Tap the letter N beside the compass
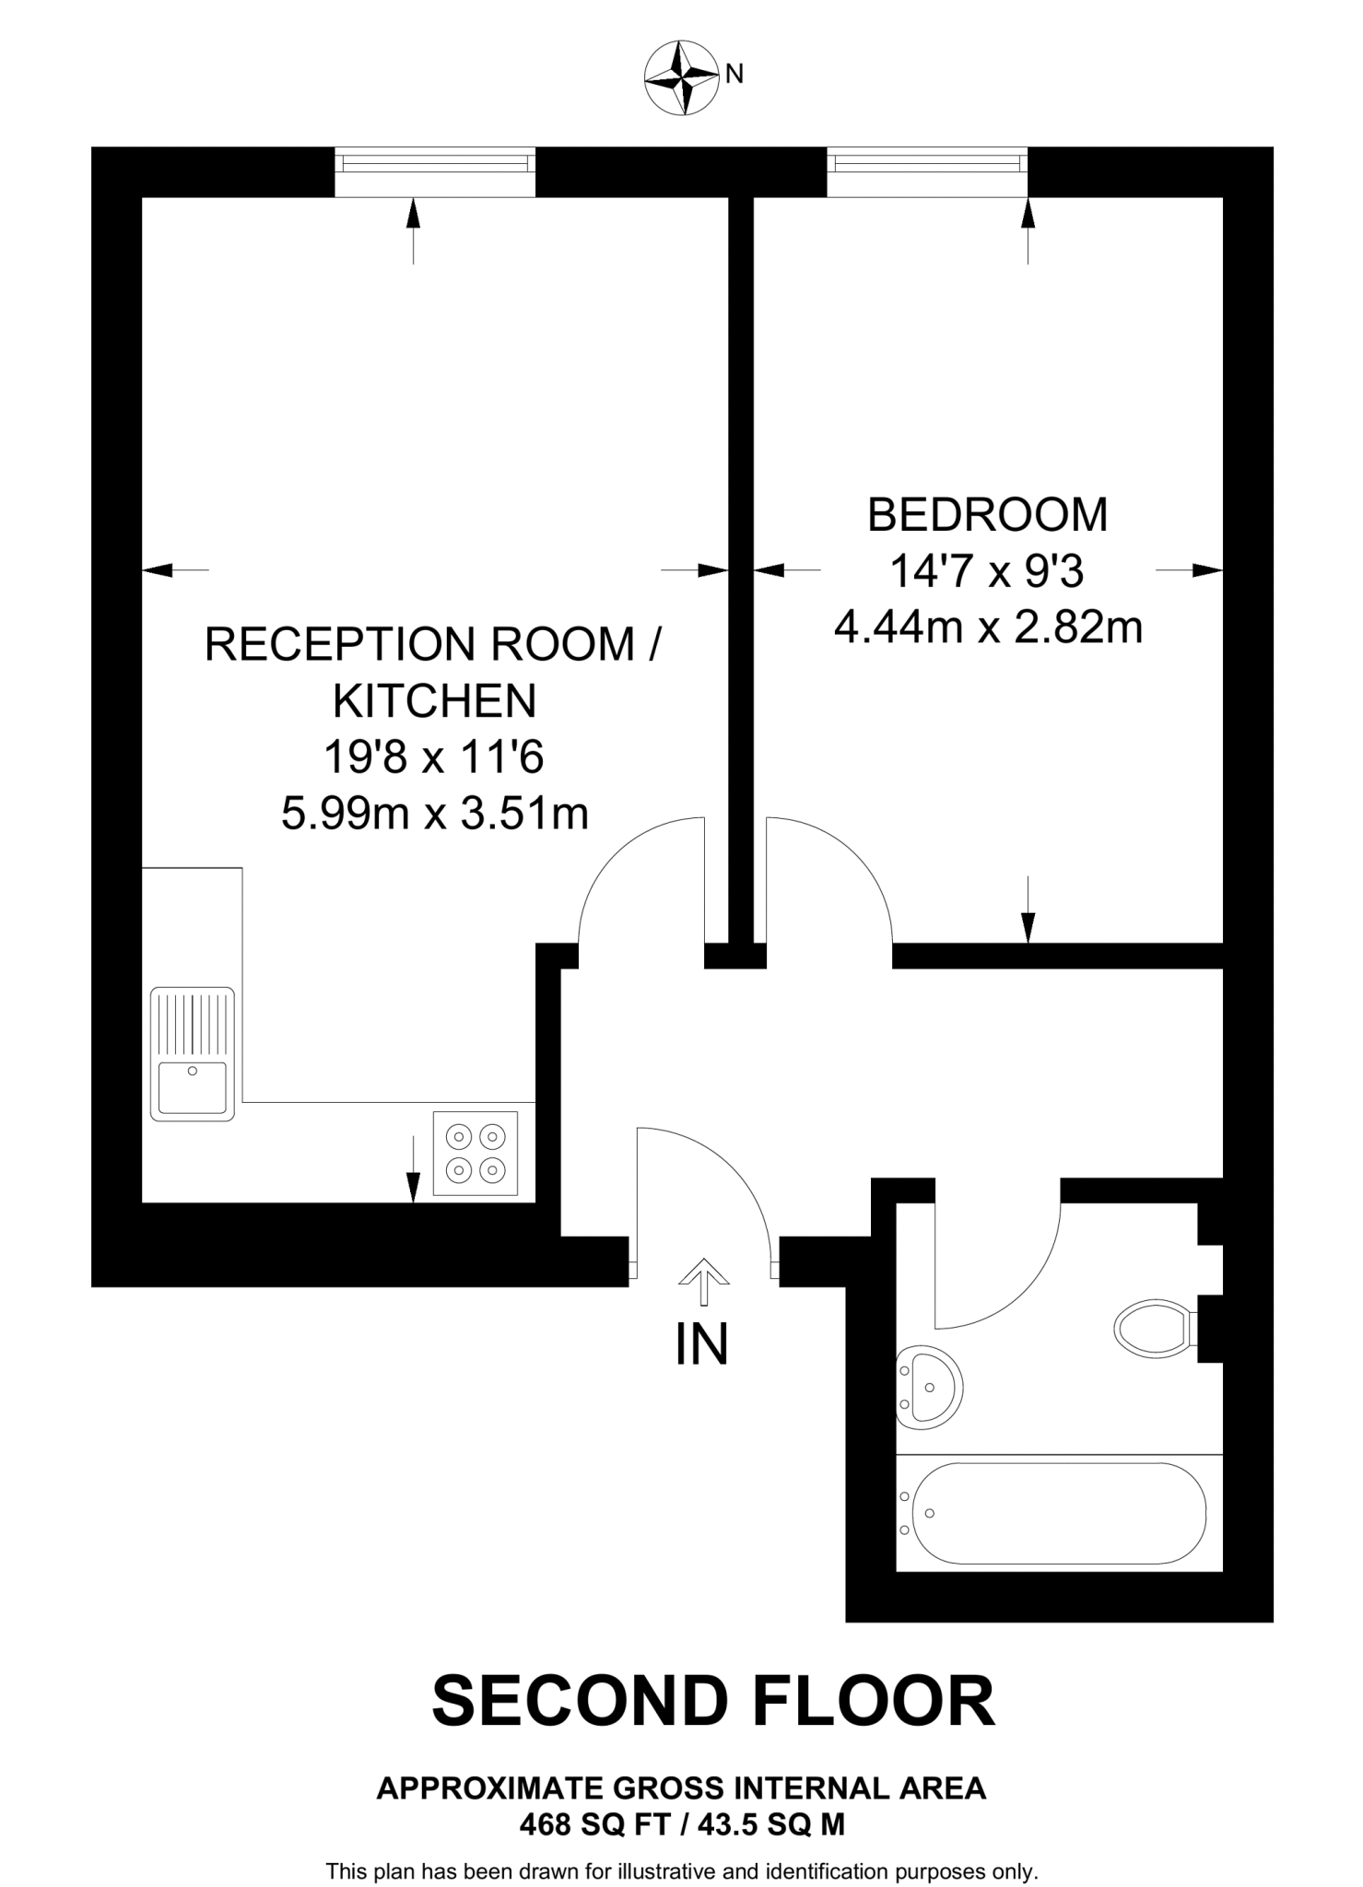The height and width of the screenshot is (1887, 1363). (x=734, y=75)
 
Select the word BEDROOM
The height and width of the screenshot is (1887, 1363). (x=987, y=515)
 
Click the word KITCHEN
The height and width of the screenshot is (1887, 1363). (x=434, y=701)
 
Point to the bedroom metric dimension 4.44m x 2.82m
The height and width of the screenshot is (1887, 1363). (x=988, y=628)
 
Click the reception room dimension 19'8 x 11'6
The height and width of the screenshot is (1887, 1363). (x=433, y=757)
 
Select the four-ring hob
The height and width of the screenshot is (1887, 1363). (x=476, y=1153)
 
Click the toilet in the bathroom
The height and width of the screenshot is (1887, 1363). (x=1152, y=1328)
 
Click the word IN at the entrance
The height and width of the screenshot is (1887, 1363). (x=702, y=1344)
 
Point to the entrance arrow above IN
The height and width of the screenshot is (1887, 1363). (x=703, y=1281)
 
